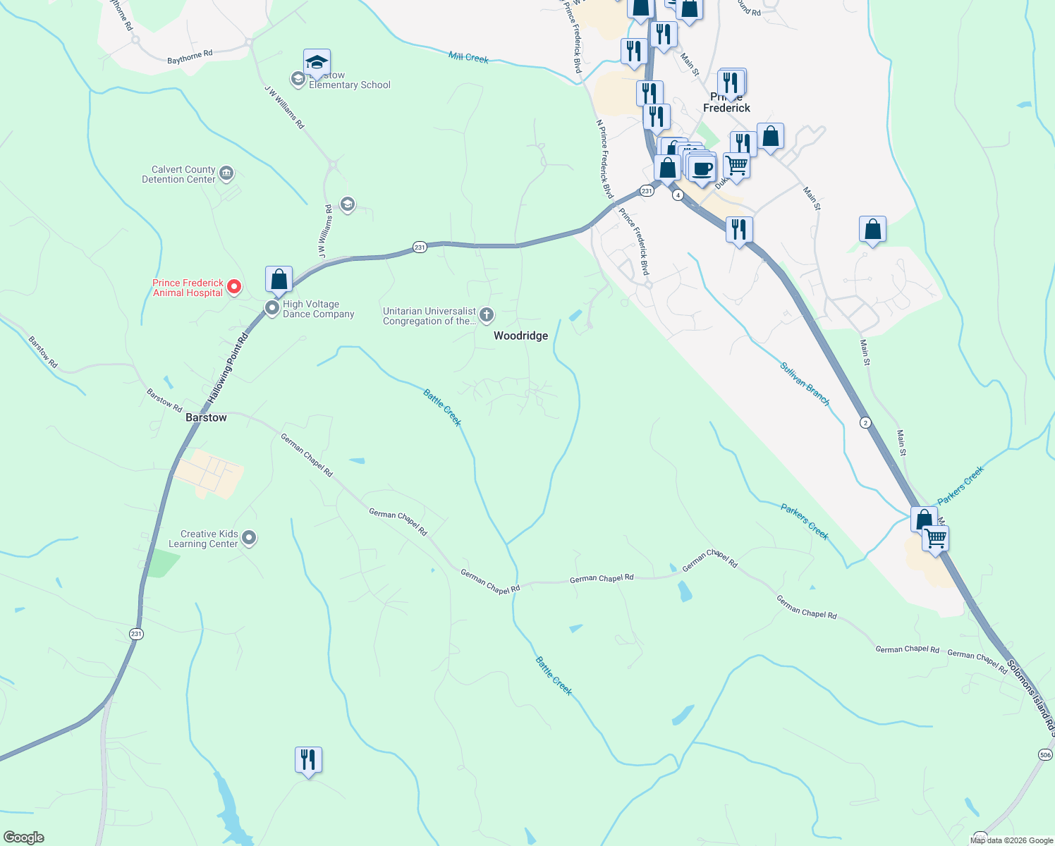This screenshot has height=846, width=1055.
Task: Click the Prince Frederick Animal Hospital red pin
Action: [x=234, y=287]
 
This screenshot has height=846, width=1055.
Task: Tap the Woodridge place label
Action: [x=520, y=336]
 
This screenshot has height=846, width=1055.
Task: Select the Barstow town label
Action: [x=206, y=418]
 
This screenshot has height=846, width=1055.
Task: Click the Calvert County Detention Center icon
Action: [x=226, y=173]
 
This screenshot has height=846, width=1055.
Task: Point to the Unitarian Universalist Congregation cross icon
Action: [x=487, y=315]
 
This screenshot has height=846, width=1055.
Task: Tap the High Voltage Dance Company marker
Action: [x=272, y=308]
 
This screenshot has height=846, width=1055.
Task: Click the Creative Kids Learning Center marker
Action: [x=249, y=539]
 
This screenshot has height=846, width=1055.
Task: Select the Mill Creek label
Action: [x=468, y=57]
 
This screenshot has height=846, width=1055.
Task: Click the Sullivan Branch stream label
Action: [x=805, y=384]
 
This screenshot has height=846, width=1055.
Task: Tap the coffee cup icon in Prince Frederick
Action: [x=702, y=169]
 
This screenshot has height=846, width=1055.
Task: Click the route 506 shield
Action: [x=1045, y=755]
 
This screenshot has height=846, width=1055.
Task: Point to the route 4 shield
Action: [x=678, y=195]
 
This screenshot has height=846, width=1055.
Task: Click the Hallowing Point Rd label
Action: [x=228, y=369]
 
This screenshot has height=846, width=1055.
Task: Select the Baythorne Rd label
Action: [x=190, y=57]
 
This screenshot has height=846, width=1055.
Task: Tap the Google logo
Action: [x=24, y=838]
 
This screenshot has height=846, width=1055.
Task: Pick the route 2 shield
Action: [x=865, y=423]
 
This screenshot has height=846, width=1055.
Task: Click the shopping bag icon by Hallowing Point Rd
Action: [x=279, y=279]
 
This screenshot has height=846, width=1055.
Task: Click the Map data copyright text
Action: [x=1011, y=840]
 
